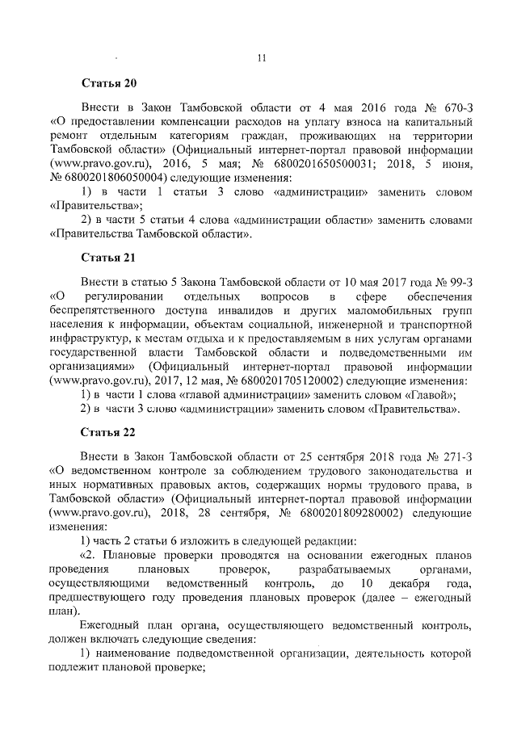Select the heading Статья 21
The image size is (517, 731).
(109, 258)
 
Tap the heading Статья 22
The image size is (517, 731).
(109, 433)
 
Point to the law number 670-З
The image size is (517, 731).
(455, 107)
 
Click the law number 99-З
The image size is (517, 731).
(455, 282)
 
